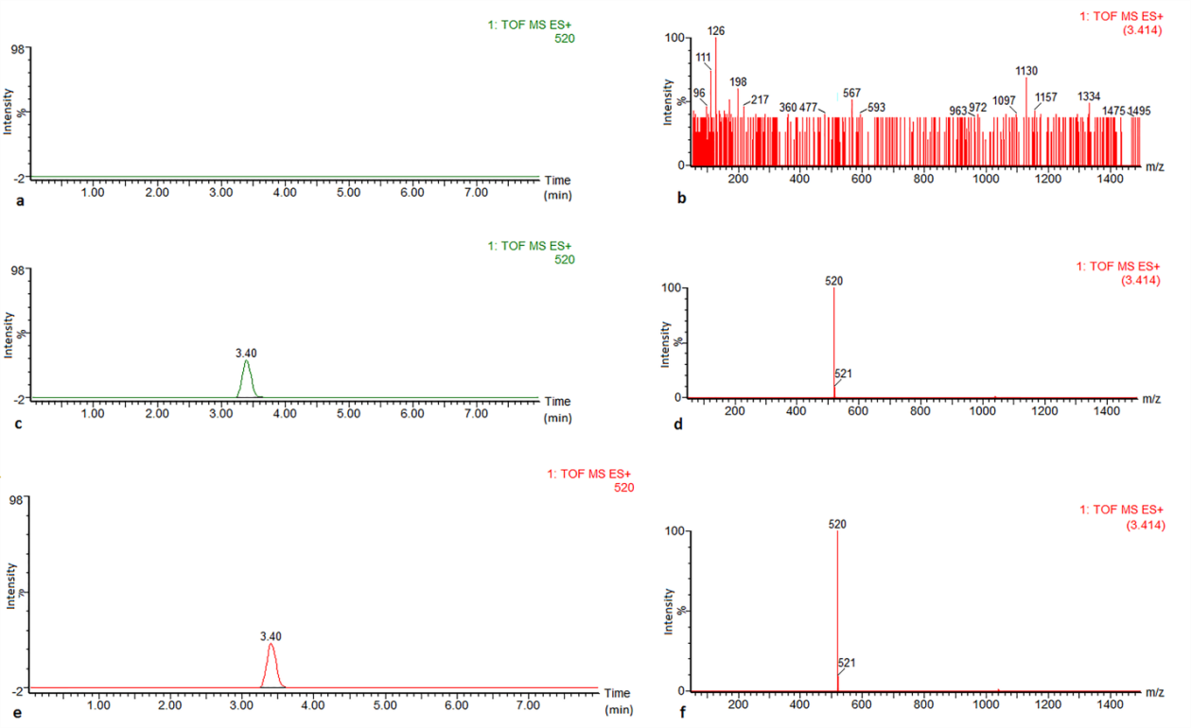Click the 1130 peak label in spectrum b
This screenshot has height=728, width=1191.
pyautogui.click(x=1026, y=71)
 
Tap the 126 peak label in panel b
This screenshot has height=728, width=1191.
pyautogui.click(x=716, y=31)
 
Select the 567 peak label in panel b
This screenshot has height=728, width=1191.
pyautogui.click(x=851, y=93)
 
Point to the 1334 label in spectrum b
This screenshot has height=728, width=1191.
pyautogui.click(x=1089, y=96)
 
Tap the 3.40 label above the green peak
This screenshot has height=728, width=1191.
pyautogui.click(x=246, y=353)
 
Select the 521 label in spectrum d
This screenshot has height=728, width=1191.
pyautogui.click(x=844, y=373)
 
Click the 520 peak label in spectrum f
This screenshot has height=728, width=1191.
pyautogui.click(x=837, y=524)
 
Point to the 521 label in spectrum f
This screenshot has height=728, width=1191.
pyautogui.click(x=847, y=663)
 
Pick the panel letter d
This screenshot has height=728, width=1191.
pyautogui.click(x=677, y=423)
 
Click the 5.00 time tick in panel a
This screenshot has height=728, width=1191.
pyautogui.click(x=348, y=192)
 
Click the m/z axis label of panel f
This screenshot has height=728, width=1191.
pyautogui.click(x=1154, y=692)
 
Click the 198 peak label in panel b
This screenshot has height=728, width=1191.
pyautogui.click(x=739, y=81)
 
